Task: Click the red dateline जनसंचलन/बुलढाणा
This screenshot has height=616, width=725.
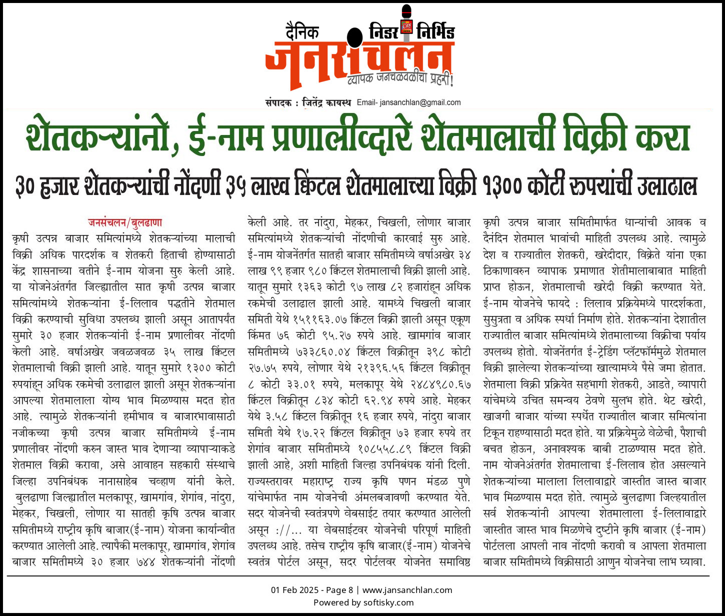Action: tap(125, 222)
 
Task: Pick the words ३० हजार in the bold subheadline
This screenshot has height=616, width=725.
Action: tap(47, 185)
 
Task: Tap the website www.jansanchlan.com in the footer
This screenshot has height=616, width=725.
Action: tap(407, 590)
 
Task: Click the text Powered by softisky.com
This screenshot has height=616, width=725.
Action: tap(363, 602)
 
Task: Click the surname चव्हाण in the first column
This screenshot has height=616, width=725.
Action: tap(162, 481)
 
